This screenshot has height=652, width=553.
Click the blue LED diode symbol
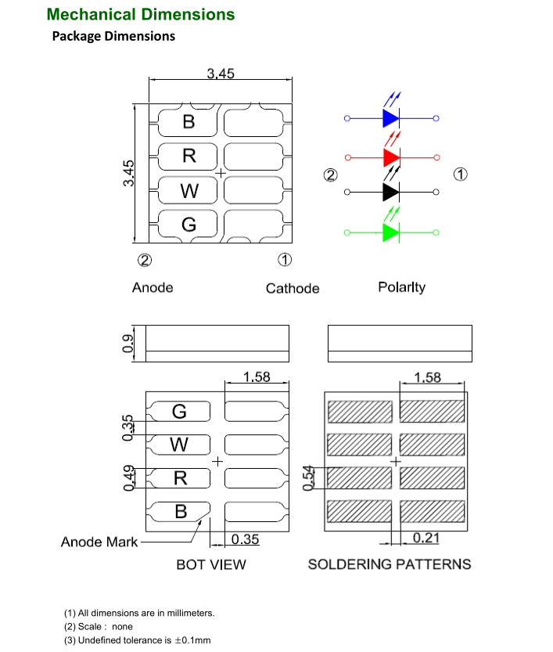(391, 119)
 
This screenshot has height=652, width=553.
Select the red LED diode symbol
(391, 157)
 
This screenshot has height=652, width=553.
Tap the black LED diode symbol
(391, 192)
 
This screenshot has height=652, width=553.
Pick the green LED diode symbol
(391, 232)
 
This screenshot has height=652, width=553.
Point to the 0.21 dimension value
(426, 538)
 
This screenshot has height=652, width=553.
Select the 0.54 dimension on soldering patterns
(308, 476)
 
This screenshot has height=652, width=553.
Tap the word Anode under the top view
(153, 287)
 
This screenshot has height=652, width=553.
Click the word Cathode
(293, 288)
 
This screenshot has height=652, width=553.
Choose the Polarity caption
(401, 287)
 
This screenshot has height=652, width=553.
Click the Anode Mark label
(99, 542)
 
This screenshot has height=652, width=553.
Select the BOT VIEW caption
(210, 564)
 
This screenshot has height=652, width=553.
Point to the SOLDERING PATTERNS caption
(390, 564)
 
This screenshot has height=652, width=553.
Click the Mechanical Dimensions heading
(141, 14)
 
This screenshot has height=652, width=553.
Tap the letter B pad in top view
(189, 122)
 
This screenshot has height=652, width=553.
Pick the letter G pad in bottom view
(180, 411)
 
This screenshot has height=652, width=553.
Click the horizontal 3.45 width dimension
(220, 74)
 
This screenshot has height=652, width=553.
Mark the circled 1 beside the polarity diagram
(461, 174)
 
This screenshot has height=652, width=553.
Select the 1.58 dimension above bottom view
(257, 376)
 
